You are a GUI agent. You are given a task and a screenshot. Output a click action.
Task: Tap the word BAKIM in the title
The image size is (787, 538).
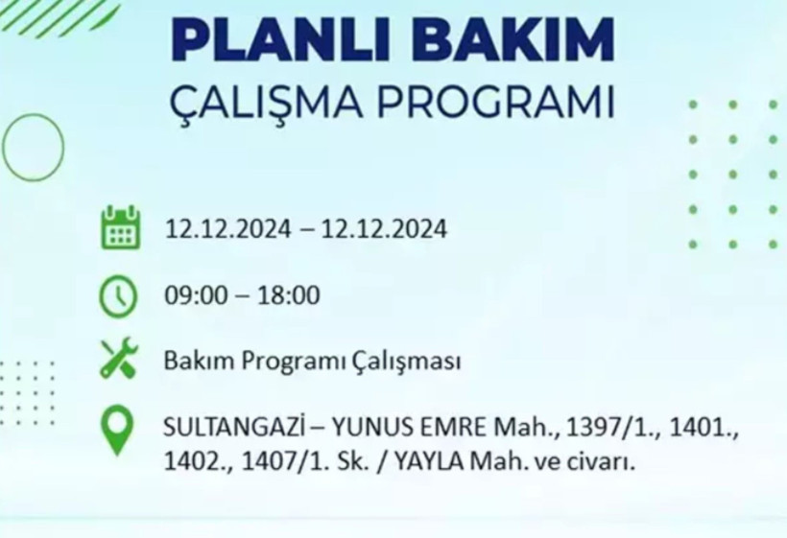tap(506, 42)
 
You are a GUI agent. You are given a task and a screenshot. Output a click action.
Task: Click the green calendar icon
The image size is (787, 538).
tap(120, 228)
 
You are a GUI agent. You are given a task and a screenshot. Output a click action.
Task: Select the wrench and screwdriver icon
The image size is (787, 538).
tap(120, 360)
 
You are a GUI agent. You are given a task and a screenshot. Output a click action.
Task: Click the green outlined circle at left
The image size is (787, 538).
tap(33, 149)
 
